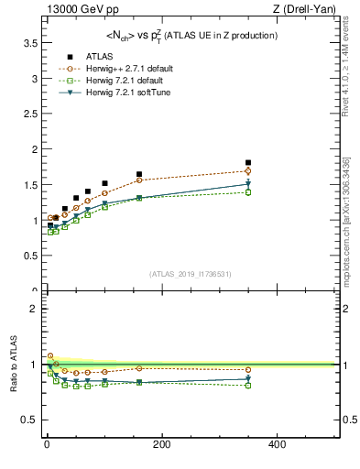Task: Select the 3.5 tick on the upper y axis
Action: click(30, 43)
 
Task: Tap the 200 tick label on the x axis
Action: click(161, 444)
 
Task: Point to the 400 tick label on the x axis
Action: click(277, 444)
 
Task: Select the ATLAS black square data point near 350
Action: click(248, 163)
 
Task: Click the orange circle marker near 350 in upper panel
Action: click(248, 171)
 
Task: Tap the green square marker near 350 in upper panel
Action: click(248, 192)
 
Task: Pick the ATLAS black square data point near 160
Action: click(139, 174)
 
